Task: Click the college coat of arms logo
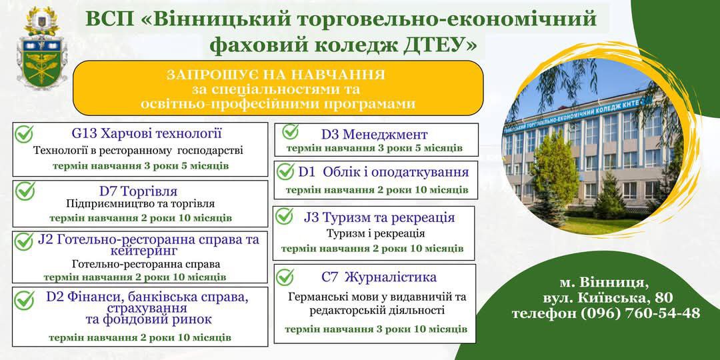coord(42,48)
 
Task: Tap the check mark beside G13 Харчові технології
coord(24,134)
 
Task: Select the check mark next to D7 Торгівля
coord(25,191)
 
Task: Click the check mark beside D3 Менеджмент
coord(290,132)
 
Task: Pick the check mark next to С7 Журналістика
coord(285,277)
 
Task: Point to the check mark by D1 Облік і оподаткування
coord(285,172)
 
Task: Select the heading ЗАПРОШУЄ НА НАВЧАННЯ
coord(275,75)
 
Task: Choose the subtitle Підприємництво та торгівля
coord(141,203)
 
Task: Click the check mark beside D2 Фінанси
coord(24,300)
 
